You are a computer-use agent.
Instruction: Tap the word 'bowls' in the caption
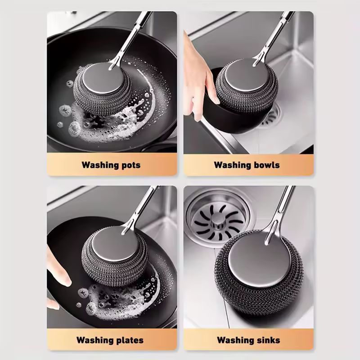[x=267, y=165]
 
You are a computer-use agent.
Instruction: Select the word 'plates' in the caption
[x=130, y=340]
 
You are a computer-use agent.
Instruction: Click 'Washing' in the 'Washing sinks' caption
[x=236, y=340]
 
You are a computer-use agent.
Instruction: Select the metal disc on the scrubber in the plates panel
[x=115, y=244]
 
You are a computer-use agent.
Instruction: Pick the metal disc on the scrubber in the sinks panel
[x=260, y=260]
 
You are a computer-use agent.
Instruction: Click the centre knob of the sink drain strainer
[x=217, y=220]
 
